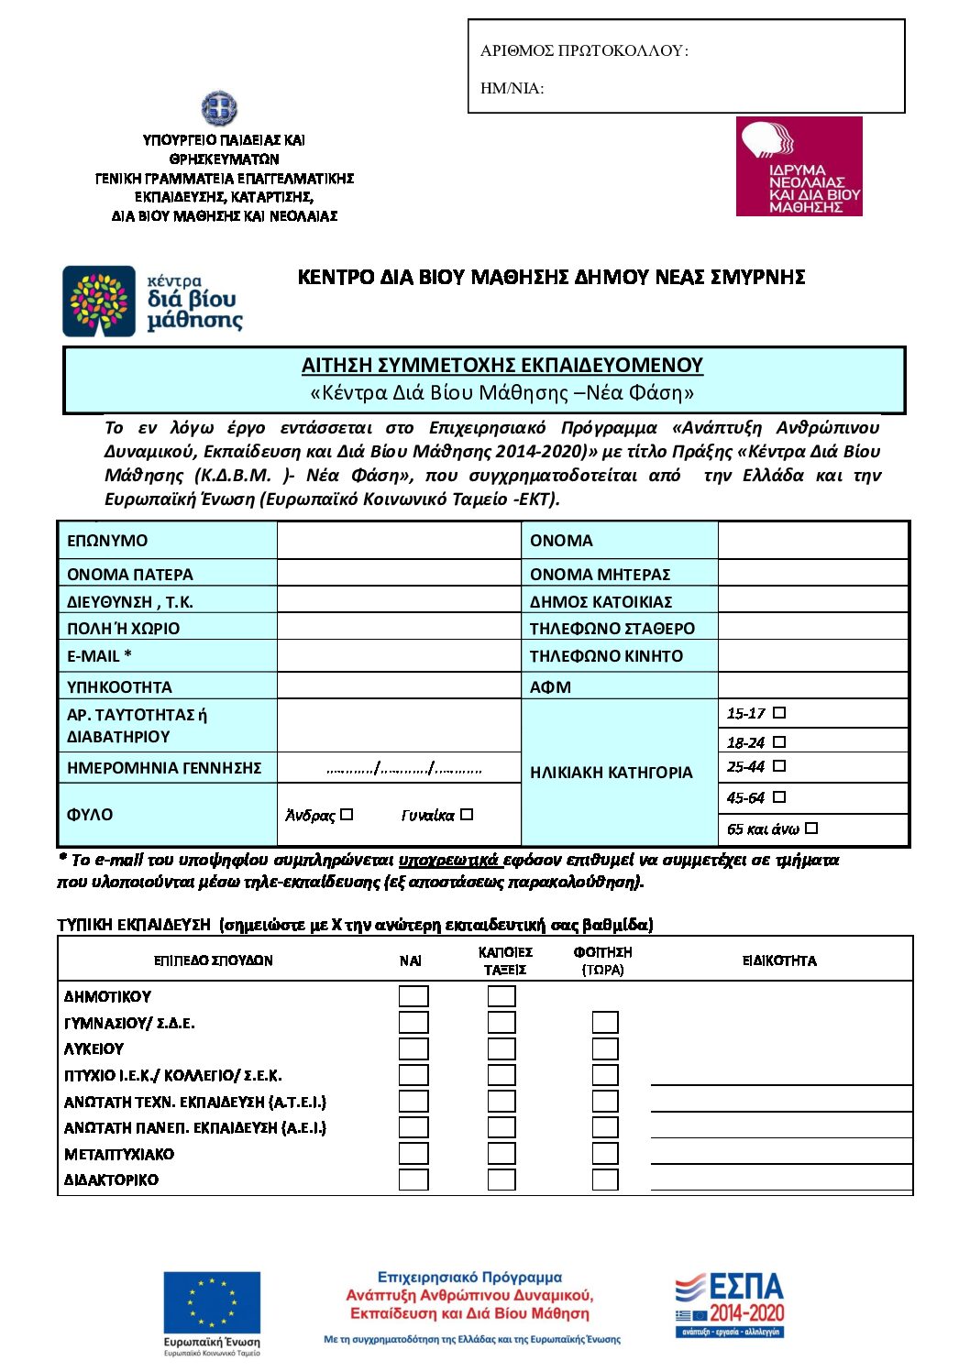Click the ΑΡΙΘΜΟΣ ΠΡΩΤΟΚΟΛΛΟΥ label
pos(584,51)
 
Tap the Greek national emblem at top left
pos(219,109)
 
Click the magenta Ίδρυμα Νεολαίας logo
pos(799,167)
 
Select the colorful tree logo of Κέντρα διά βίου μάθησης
pos(99,302)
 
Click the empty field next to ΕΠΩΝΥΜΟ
pos(399,541)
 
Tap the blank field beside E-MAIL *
pos(399,656)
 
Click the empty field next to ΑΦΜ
pos(812,686)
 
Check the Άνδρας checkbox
pos(347,814)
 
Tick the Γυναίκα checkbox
pos(467,814)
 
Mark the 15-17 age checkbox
pos(779,712)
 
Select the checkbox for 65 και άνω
pos(811,828)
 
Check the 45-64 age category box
pos(779,796)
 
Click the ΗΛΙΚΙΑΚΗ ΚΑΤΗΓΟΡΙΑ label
pos(611,773)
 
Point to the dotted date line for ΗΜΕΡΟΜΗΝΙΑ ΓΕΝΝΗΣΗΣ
pos(403,769)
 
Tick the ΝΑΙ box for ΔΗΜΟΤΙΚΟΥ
pos(413,996)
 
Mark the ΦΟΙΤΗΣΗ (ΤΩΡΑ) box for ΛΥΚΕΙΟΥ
pos(605,1048)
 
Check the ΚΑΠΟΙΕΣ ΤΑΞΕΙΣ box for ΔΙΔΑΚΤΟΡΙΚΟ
pos(502,1180)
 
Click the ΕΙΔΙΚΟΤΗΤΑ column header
pos(779,960)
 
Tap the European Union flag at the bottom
pos(212,1302)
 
